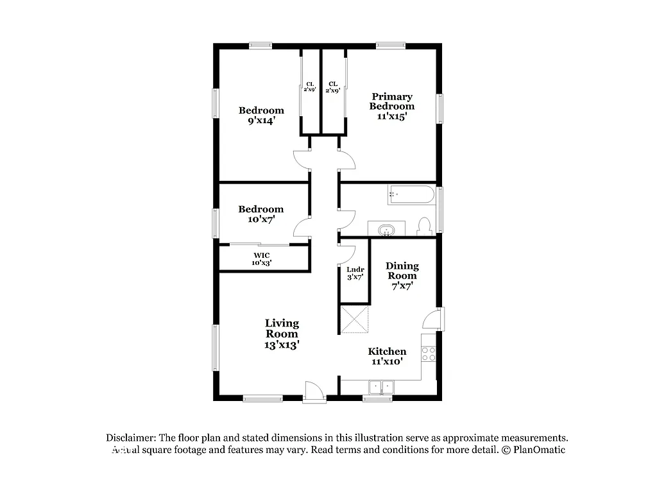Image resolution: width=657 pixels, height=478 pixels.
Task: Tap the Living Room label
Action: [282, 334]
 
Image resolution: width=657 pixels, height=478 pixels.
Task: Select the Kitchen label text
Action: [387, 356]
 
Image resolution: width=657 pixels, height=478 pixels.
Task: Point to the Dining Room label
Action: [402, 275]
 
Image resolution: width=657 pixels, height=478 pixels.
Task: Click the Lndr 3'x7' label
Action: [355, 273]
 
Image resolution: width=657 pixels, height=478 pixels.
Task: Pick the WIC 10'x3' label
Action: [261, 259]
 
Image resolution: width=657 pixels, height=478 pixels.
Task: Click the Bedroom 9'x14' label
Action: [261, 115]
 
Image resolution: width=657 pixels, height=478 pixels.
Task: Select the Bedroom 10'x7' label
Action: [261, 214]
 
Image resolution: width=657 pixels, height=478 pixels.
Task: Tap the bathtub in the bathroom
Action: [411, 195]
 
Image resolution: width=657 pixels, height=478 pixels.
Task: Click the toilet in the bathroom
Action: [423, 226]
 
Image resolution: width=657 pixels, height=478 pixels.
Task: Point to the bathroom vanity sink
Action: [386, 229]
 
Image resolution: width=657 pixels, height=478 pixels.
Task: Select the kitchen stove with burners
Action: [429, 354]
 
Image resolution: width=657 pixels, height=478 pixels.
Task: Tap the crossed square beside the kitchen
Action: [355, 320]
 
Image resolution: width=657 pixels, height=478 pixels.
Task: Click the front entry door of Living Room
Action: [314, 391]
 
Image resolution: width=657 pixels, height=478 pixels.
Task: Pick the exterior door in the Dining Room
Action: [435, 320]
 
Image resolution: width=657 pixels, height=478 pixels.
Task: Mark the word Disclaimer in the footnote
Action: [130, 438]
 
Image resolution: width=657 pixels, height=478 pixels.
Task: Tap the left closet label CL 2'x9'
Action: [310, 87]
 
